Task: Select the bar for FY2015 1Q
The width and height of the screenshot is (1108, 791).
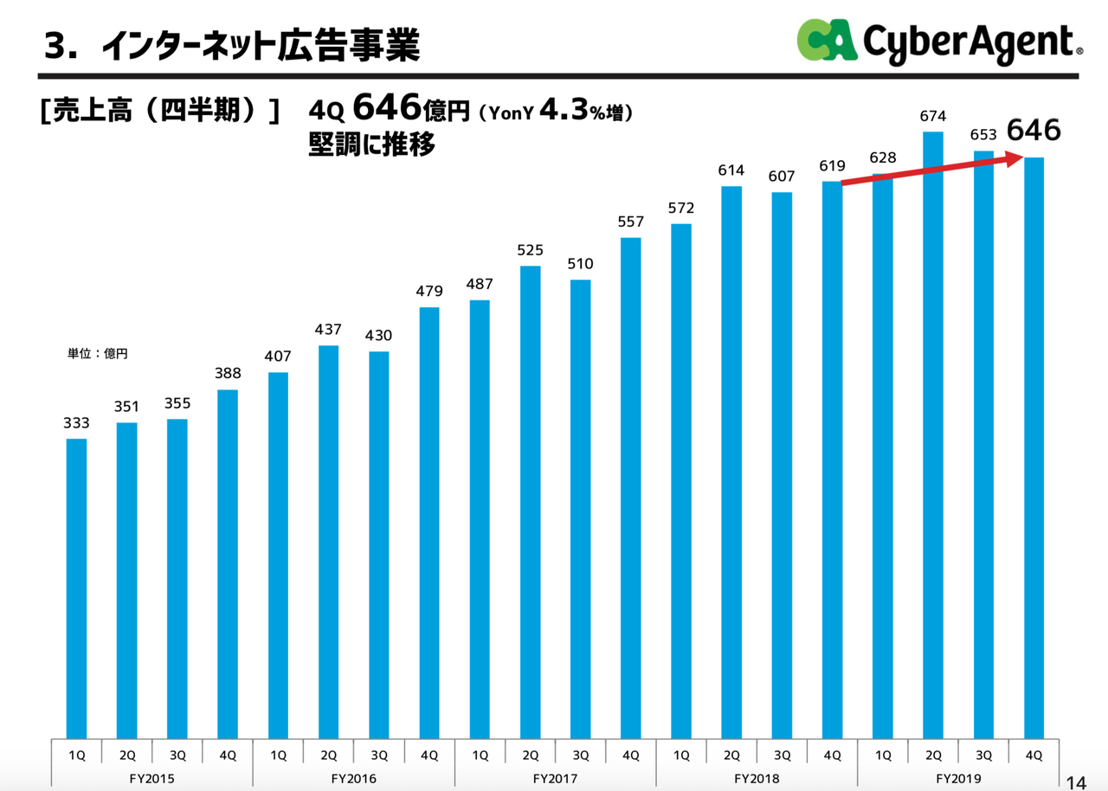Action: pyautogui.click(x=76, y=588)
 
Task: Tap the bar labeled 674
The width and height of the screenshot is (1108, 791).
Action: pyautogui.click(x=932, y=433)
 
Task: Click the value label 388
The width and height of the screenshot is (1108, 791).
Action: pyautogui.click(x=228, y=373)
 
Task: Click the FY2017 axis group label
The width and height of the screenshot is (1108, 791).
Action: pyautogui.click(x=555, y=778)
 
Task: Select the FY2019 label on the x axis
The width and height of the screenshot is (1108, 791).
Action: pyautogui.click(x=957, y=778)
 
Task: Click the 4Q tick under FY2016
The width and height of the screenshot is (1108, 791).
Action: pyautogui.click(x=429, y=755)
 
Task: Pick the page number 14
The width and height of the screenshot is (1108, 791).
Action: pyautogui.click(x=1076, y=781)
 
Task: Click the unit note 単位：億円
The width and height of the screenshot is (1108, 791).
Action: pyautogui.click(x=97, y=353)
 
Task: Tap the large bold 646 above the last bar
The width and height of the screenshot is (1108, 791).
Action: pyautogui.click(x=1033, y=131)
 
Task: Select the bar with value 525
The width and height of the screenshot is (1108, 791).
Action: pyautogui.click(x=530, y=502)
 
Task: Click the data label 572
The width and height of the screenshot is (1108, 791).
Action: pyautogui.click(x=681, y=208)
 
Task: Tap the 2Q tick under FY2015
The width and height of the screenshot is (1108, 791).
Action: pyautogui.click(x=126, y=755)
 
